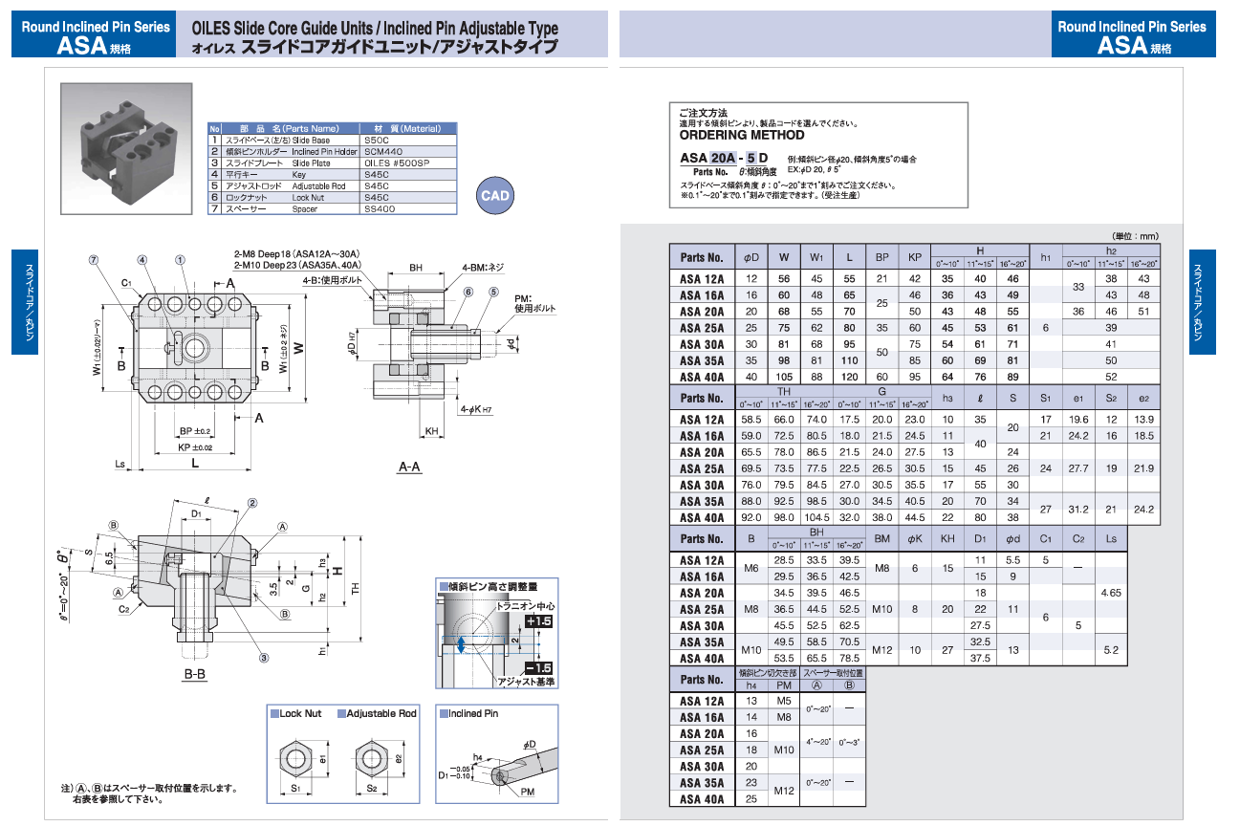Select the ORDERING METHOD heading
(742, 136)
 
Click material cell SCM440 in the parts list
(384, 151)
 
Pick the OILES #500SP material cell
(392, 163)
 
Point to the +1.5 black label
(540, 621)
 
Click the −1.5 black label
(540, 667)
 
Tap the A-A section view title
(410, 467)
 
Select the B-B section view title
(195, 674)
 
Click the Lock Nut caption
(299, 714)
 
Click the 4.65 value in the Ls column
(1111, 593)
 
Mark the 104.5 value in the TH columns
(816, 517)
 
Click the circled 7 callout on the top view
(94, 259)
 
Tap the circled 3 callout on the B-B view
(263, 657)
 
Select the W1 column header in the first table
(816, 257)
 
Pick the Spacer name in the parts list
(305, 208)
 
